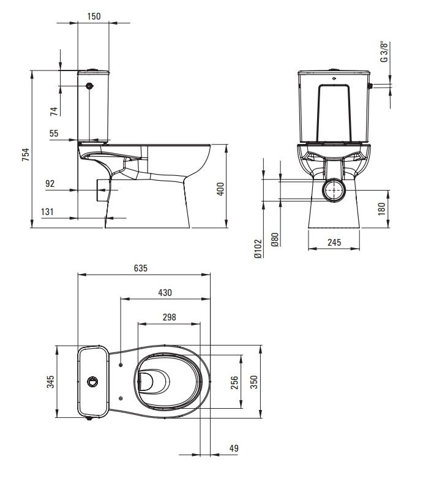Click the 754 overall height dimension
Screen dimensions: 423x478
coord(26,154)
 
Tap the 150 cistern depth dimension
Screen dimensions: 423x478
coord(94,16)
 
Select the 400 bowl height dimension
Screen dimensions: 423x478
coord(220,189)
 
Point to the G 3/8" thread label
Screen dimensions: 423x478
coord(384,51)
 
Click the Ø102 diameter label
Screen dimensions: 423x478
coord(258,249)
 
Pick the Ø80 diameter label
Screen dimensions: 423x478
coord(275,240)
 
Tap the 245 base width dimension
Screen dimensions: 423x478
coord(334,242)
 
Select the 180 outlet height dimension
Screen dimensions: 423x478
coord(381,209)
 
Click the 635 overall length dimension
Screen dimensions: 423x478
coord(140,268)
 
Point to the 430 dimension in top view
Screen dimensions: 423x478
coord(165,293)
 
